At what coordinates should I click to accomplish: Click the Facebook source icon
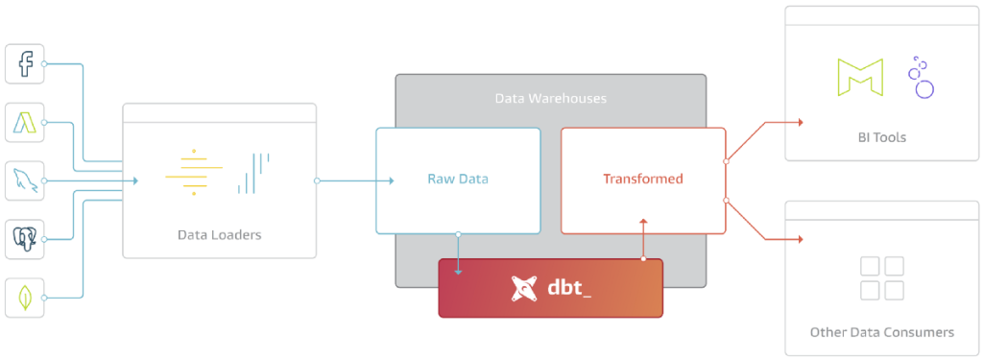pos(25,64)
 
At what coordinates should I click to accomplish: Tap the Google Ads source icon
pos(25,122)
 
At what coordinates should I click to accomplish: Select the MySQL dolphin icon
pos(25,180)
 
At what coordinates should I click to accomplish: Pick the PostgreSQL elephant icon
pos(25,239)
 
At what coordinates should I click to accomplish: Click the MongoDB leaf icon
pos(25,298)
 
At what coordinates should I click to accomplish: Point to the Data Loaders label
pos(219,234)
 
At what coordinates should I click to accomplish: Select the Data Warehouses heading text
pos(550,99)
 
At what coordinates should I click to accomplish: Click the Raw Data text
pos(457,180)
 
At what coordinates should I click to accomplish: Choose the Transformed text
pos(642,180)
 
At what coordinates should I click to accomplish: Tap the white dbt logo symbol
pos(524,287)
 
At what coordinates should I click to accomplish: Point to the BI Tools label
pos(882,137)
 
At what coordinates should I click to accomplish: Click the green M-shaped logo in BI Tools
pos(859,78)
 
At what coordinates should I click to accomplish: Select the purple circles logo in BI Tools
pos(921,78)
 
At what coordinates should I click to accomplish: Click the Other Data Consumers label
pos(882,332)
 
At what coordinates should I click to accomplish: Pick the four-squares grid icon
pos(882,277)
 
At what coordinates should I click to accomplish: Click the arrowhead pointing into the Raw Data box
pos(390,180)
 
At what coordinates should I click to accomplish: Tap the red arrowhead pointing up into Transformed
pos(643,223)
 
